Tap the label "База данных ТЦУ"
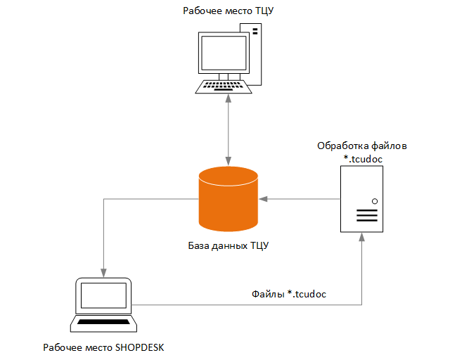coord(229,246)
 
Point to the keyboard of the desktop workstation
coord(223,87)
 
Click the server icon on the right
coord(361,200)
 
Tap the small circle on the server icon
coord(374,201)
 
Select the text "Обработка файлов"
coord(362,146)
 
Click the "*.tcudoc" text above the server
coord(362,159)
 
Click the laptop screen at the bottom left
coord(104,297)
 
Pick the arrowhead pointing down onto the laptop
coord(104,271)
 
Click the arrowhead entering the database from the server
coord(263,199)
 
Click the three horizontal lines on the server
coord(366,215)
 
